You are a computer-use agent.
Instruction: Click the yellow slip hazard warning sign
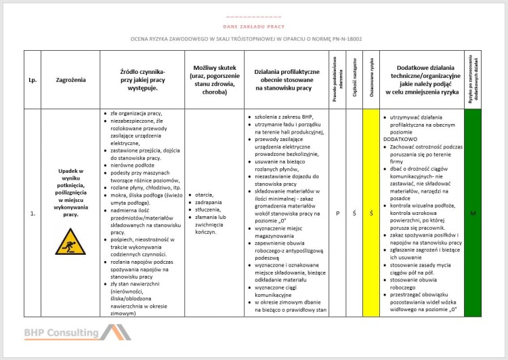[x=70, y=241]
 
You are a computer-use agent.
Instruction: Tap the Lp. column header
[x=33, y=80]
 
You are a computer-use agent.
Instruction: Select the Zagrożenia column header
[x=70, y=80]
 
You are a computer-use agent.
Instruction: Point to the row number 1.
[x=33, y=214]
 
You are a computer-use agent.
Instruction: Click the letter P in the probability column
[x=337, y=214]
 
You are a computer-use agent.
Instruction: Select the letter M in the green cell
[x=473, y=214]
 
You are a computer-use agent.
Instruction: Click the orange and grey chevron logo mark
[x=115, y=332]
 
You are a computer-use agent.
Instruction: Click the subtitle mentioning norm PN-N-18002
[x=247, y=39]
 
